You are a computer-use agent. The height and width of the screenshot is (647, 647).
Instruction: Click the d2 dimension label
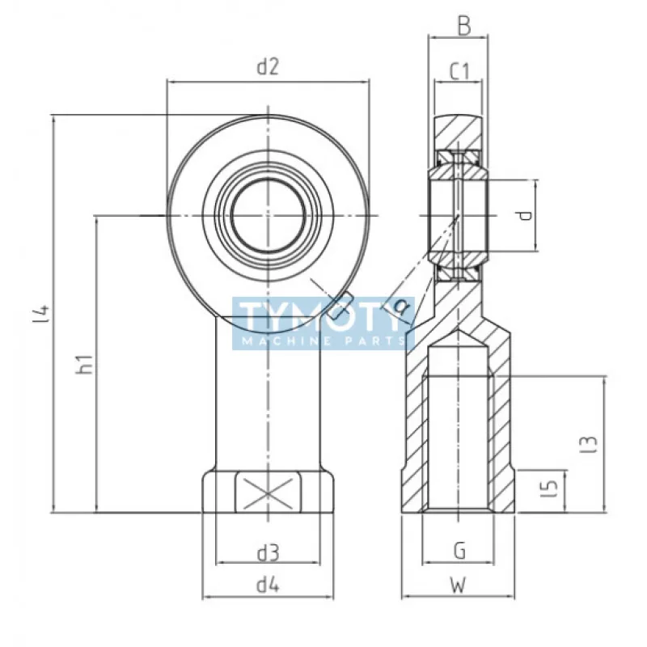click(268, 68)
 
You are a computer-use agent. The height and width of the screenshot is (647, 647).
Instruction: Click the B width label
click(463, 26)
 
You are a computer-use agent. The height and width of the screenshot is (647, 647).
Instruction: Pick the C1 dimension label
click(459, 71)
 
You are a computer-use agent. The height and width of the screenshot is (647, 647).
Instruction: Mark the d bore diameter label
click(526, 215)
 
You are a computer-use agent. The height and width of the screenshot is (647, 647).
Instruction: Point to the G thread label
click(459, 552)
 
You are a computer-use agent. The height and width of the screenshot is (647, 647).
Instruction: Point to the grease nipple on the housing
click(345, 303)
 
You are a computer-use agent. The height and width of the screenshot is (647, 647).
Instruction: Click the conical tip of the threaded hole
click(459, 337)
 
